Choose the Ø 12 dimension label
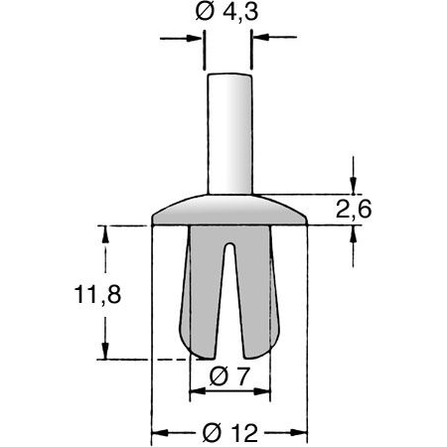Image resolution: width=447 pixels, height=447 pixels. [x=229, y=433]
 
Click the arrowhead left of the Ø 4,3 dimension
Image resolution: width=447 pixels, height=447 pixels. [x=196, y=39]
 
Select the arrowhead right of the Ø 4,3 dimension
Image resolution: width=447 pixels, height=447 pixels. [x=261, y=39]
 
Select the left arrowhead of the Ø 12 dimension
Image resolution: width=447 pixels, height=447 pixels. [x=159, y=433]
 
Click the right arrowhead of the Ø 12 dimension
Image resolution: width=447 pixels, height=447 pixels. [x=300, y=433]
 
